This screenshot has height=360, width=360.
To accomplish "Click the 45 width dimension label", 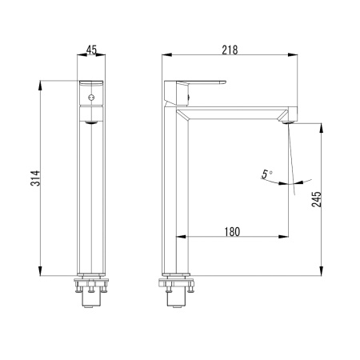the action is (91, 50).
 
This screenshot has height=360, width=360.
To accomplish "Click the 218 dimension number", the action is (230, 50).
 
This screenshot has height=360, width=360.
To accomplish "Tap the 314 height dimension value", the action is (35, 178).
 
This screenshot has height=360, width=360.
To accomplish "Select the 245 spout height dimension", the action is (317, 199).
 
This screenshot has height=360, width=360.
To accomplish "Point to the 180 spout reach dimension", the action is (232, 232).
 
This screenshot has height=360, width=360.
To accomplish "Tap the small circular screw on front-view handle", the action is (91, 98).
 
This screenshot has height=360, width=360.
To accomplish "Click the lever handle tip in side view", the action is (225, 82).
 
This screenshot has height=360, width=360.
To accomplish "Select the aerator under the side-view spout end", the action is (287, 122).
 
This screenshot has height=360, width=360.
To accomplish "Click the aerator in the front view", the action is (91, 122).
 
